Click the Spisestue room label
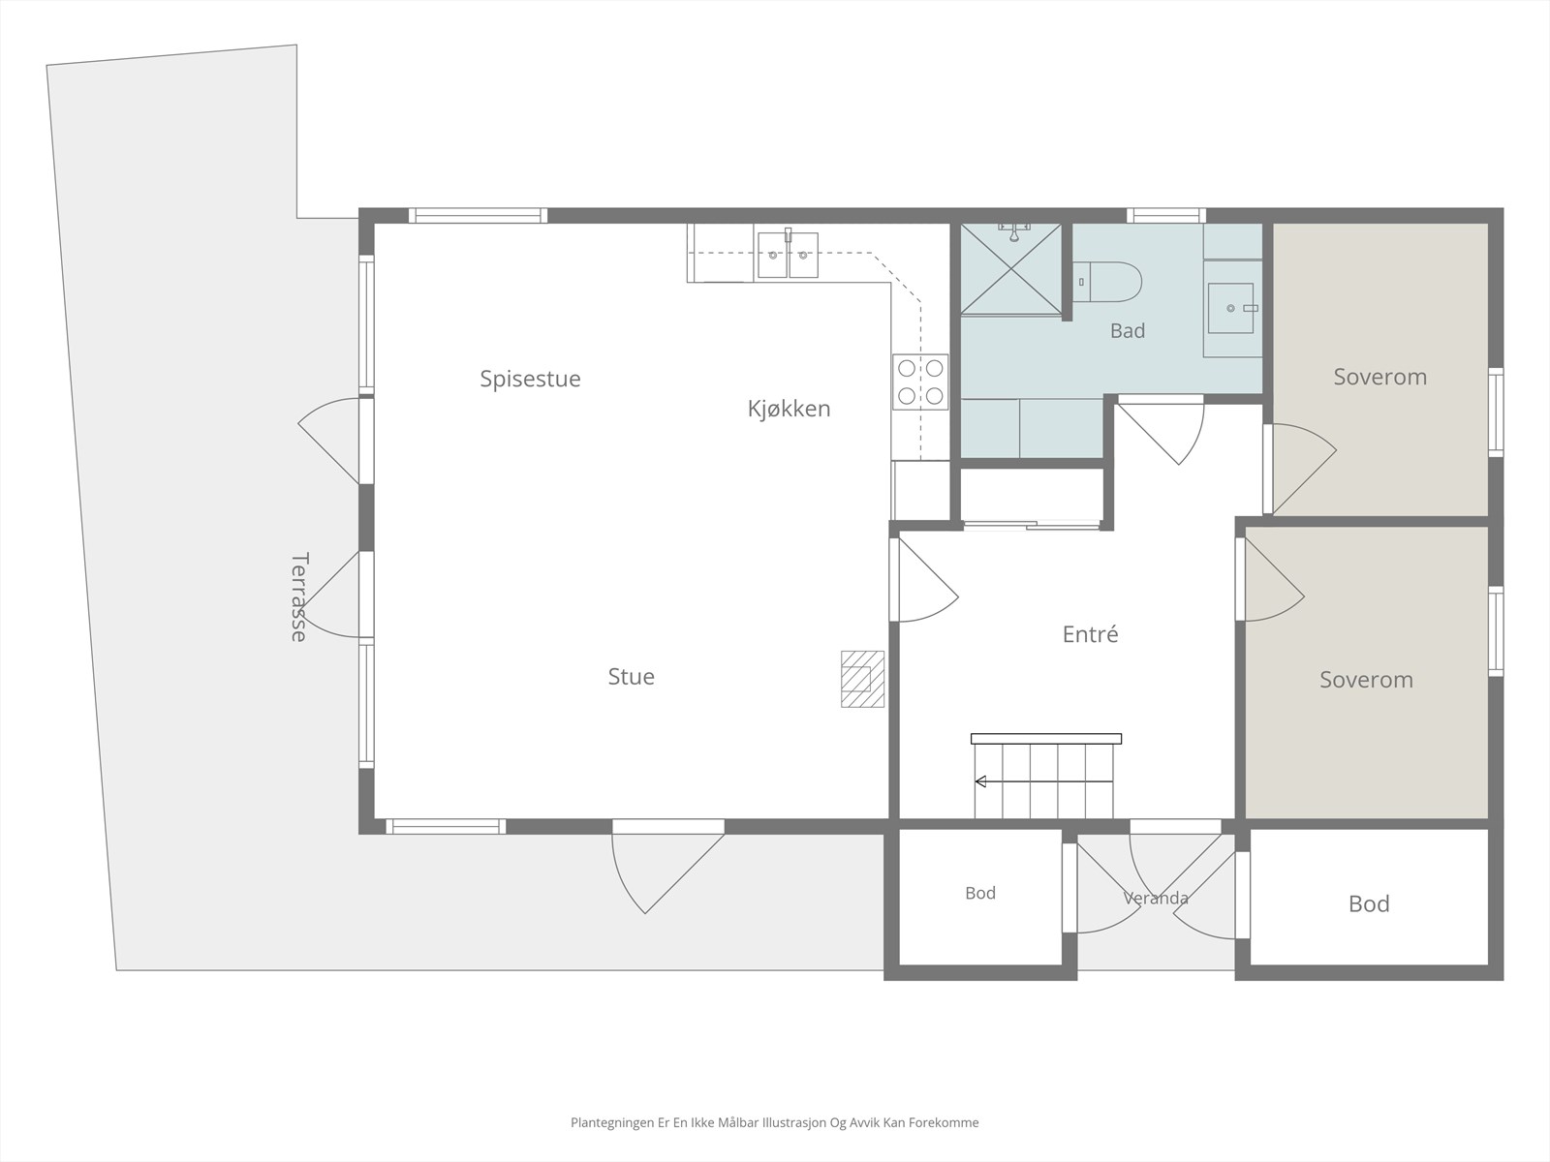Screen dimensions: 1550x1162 [x=530, y=379]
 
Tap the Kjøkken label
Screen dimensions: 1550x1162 [x=789, y=409]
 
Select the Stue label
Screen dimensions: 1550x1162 [x=632, y=677]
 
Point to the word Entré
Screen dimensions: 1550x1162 [x=1090, y=633]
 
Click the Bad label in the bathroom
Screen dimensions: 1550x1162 [x=1128, y=330]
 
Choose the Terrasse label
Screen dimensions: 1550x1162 [x=298, y=596]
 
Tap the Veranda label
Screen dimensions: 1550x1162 [x=1156, y=899]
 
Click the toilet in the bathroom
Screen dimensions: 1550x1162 [x=1106, y=282]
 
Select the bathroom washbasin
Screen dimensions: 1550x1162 [x=1232, y=308]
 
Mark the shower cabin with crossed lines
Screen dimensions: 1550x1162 [x=1011, y=269]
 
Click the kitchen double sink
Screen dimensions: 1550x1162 [x=788, y=255]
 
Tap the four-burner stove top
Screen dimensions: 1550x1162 [x=920, y=382]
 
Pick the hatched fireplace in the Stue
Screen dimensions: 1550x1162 [x=862, y=679]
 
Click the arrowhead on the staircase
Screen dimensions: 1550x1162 [x=980, y=781]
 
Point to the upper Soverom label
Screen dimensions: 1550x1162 [x=1379, y=377]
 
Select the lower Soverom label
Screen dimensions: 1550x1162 [x=1366, y=680]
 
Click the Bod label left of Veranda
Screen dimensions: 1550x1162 [x=980, y=893]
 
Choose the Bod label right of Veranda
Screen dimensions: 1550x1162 [x=1369, y=903]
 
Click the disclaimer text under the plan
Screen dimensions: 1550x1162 [x=775, y=1122]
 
